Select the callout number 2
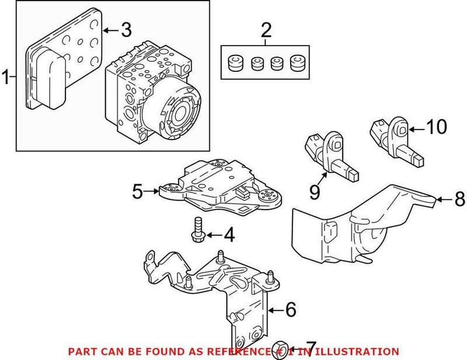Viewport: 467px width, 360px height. coord(266,29)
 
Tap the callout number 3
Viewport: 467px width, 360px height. coord(126,28)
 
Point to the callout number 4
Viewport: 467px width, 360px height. coord(229,236)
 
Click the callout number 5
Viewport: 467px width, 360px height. coord(138,191)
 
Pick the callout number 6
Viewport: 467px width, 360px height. coord(290,310)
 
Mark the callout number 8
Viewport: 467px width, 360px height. coord(459,200)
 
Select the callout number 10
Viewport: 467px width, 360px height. coord(435,127)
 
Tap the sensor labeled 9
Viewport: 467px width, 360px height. coord(331,155)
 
